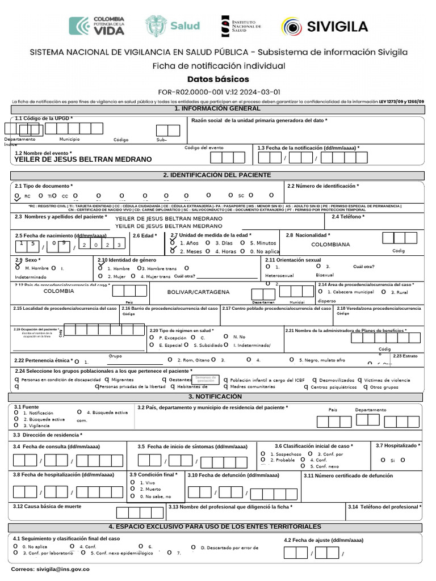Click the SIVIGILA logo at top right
(x=325, y=26)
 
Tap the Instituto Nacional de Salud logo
(x=241, y=26)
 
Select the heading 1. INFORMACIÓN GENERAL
(x=217, y=108)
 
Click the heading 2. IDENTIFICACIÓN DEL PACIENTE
(x=217, y=175)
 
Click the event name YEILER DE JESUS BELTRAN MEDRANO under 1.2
(x=83, y=159)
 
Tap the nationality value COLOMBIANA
(x=330, y=245)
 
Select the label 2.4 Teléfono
(x=348, y=217)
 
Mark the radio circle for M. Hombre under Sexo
(x=18, y=267)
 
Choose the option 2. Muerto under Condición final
(x=132, y=489)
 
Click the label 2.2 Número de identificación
(x=323, y=186)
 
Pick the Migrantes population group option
(x=108, y=380)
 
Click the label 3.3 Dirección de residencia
(x=48, y=435)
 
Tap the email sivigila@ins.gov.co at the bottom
(x=51, y=568)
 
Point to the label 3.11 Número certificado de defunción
(x=347, y=475)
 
